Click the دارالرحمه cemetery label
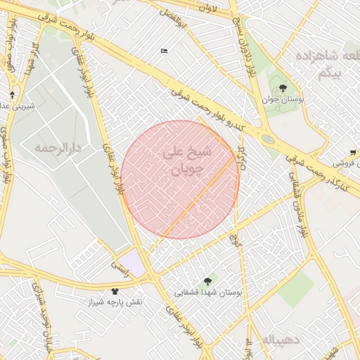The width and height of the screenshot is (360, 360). click(x=58, y=148)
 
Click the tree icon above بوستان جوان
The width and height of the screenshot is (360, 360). click(x=283, y=89)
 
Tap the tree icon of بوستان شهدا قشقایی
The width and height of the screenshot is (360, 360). click(x=207, y=281)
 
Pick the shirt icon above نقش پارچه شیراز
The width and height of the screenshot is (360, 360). click(x=115, y=290)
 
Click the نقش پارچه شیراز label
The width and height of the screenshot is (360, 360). click(x=115, y=302)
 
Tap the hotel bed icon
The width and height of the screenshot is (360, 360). click(x=164, y=51)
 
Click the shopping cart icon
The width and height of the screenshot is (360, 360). click(x=353, y=152)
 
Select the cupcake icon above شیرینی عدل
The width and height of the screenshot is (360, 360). click(x=12, y=94)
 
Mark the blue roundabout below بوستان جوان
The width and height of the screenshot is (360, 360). click(x=268, y=139)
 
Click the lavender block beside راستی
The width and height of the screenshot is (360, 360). click(x=131, y=263)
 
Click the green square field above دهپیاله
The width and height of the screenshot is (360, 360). click(x=295, y=288)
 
